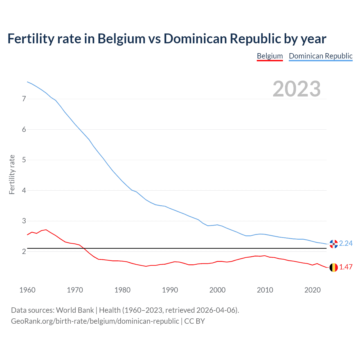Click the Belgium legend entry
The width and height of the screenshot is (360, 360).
tap(270, 56)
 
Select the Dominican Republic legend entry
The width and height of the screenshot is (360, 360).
tap(321, 56)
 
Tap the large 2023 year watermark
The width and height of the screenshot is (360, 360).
tap(296, 89)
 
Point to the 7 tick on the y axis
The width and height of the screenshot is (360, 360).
tap(24, 99)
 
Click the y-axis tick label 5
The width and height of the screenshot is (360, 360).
tap(24, 160)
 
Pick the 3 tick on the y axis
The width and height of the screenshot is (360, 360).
tap(24, 221)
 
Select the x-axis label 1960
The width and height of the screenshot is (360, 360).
tap(27, 290)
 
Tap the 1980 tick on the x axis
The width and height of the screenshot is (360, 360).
tap(122, 290)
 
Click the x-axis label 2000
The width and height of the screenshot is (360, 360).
tap(217, 290)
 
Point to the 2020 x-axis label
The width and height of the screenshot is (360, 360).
tap(312, 290)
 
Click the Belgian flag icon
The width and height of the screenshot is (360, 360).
tap(334, 267)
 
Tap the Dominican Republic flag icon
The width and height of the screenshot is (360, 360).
tap(334, 244)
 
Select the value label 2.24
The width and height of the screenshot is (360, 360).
tap(346, 244)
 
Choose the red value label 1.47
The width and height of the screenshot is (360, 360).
tap(346, 267)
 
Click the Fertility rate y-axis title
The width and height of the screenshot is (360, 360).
tap(12, 174)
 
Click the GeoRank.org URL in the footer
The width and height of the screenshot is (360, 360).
tap(95, 321)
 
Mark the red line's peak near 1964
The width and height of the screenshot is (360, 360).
tap(46, 229)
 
